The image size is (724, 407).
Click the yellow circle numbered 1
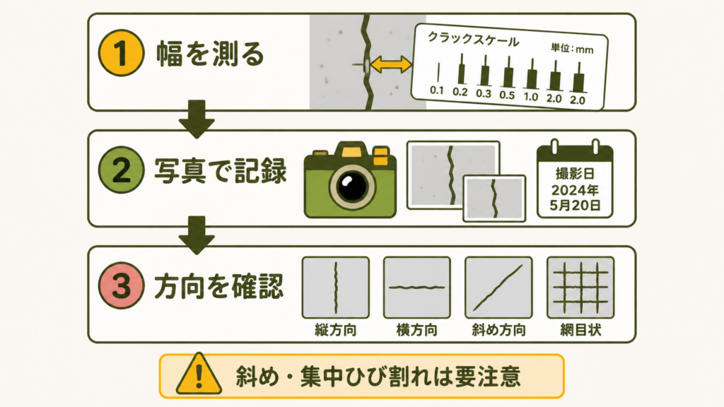click(x=122, y=53)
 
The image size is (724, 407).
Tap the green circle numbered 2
click(x=122, y=170)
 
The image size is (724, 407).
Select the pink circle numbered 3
click(x=122, y=285)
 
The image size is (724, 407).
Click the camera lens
click(x=352, y=186)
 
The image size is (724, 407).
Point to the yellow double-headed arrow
click(x=390, y=64)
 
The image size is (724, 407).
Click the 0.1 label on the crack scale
click(x=437, y=90)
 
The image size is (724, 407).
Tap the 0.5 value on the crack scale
click(x=507, y=95)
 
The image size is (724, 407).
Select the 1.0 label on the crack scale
click(x=530, y=96)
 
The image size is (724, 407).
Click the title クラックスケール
click(x=473, y=40)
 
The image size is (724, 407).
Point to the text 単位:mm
click(x=572, y=48)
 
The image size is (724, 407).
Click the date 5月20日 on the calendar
click(x=576, y=205)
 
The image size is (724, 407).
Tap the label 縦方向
click(x=336, y=330)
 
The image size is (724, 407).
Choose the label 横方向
click(x=417, y=330)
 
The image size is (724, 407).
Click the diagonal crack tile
click(x=498, y=288)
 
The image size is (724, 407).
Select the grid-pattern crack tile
click(x=580, y=288)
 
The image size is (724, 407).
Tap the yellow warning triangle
click(x=199, y=374)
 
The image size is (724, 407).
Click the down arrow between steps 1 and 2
click(x=197, y=119)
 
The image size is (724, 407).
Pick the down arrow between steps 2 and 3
click(x=197, y=235)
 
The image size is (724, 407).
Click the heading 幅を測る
click(x=210, y=54)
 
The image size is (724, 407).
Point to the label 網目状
click(x=580, y=330)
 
